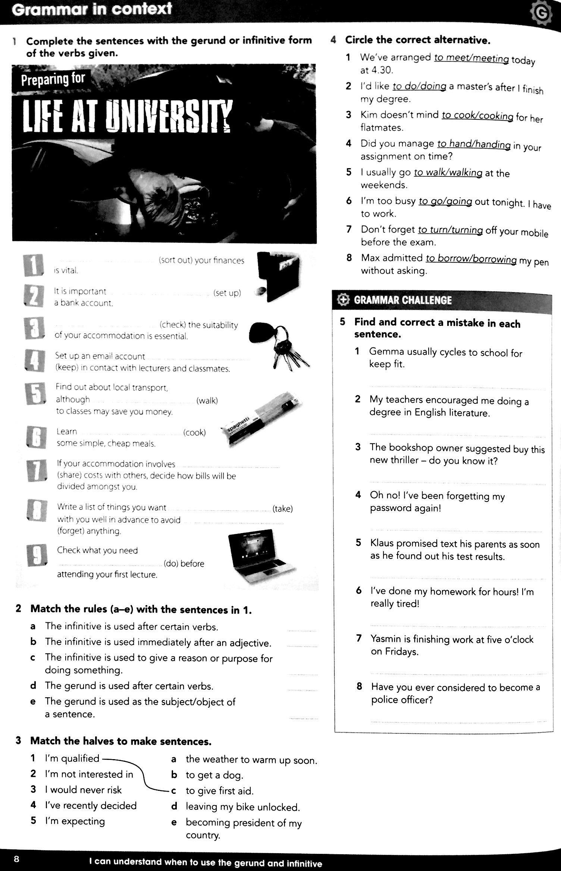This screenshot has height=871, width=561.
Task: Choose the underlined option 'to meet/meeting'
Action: click(x=471, y=58)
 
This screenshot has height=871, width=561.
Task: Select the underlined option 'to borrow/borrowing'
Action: click(x=471, y=259)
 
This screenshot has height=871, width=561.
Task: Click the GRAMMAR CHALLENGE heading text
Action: click(x=402, y=300)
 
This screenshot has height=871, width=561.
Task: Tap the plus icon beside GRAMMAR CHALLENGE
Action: click(x=342, y=300)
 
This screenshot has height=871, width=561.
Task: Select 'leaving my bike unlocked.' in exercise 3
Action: click(x=243, y=807)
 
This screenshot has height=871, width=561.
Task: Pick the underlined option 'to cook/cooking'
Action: click(x=477, y=116)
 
